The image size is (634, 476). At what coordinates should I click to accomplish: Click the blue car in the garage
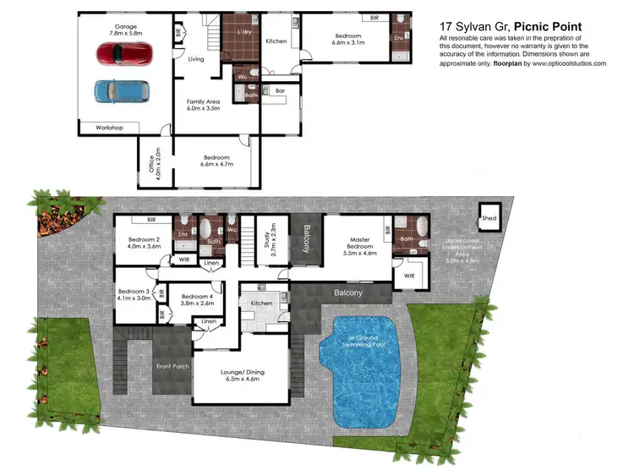tap(121, 90)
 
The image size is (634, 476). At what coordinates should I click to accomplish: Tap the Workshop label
tap(108, 128)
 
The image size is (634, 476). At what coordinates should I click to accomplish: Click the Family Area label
tap(203, 105)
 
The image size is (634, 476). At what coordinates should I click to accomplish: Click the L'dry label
tap(247, 31)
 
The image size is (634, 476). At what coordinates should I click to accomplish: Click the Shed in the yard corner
tap(489, 216)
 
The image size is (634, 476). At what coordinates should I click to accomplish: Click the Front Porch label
tap(172, 366)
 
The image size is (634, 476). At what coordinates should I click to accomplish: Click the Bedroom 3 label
tap(134, 294)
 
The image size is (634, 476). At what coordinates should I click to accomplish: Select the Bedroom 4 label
tap(197, 300)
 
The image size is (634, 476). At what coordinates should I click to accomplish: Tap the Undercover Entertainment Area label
tap(462, 250)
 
